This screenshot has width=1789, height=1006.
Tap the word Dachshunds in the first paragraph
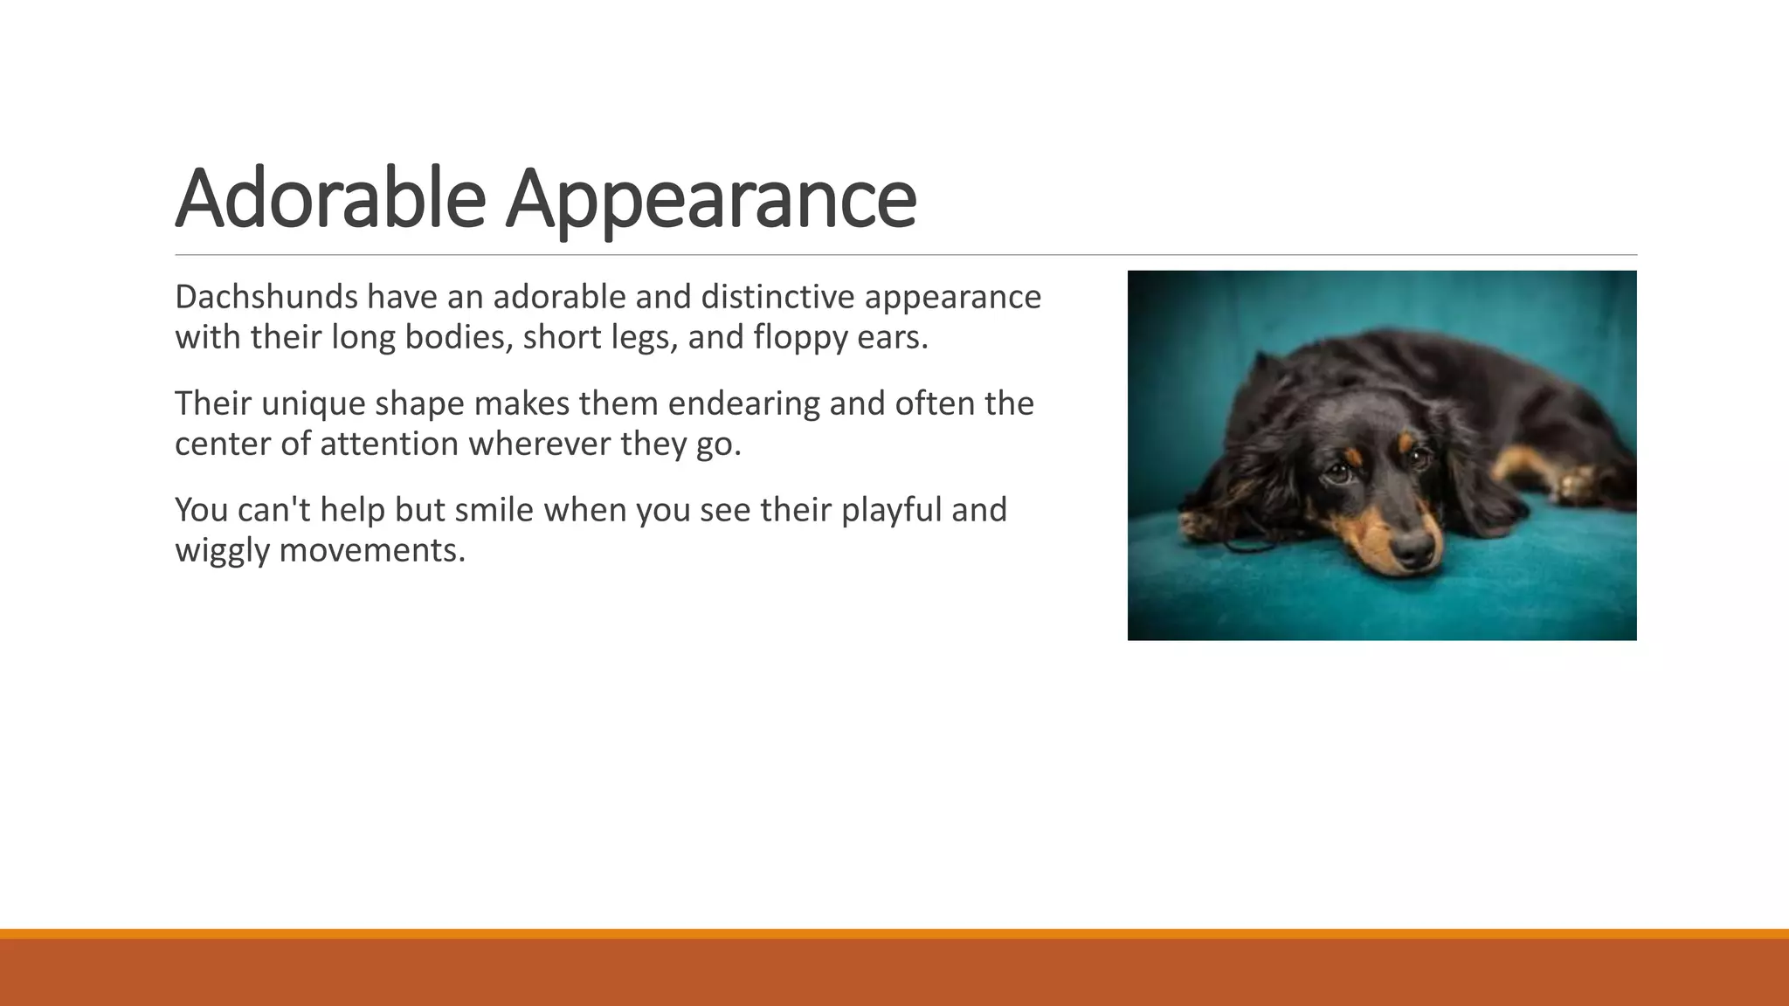(266, 297)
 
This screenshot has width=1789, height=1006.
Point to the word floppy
(800, 338)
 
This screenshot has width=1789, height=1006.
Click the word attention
(389, 444)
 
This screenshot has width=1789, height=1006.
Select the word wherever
(539, 444)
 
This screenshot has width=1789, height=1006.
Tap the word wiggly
(222, 551)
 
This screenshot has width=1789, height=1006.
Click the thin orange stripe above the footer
(894, 934)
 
